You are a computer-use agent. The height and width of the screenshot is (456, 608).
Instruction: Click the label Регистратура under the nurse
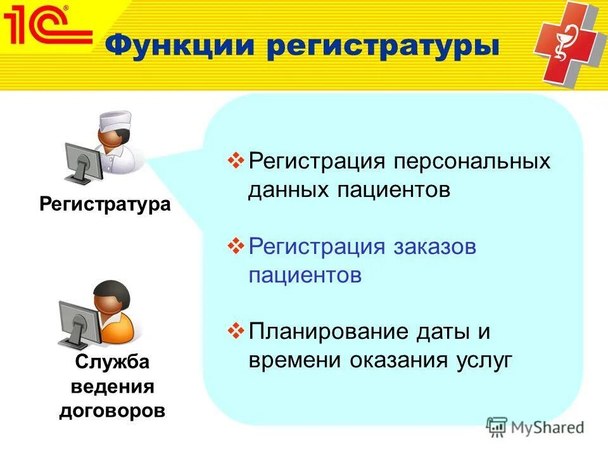point(105,205)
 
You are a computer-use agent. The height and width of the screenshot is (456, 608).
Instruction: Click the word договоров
point(112,410)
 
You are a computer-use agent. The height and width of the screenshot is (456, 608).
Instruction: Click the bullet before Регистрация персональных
point(235,160)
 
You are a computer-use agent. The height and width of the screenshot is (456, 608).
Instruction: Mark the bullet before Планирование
point(235,331)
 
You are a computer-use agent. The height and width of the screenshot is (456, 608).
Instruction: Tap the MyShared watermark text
point(547,427)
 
